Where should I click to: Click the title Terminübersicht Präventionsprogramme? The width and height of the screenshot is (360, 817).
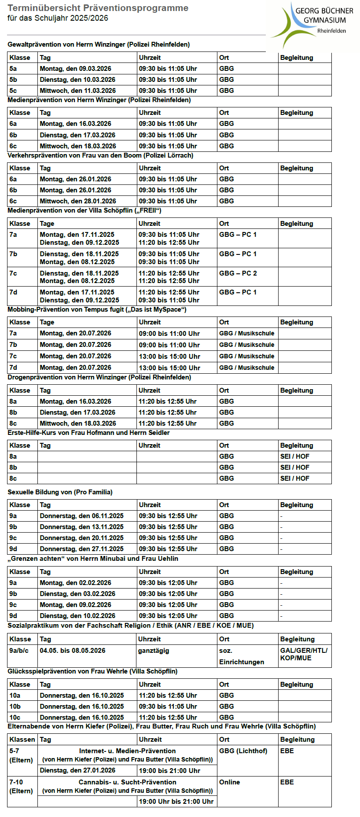(x=98, y=8)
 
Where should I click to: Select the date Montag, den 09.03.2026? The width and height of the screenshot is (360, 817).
(x=75, y=69)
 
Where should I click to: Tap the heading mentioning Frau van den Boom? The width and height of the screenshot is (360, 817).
(x=100, y=155)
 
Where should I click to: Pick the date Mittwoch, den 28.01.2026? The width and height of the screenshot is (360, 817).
(x=78, y=201)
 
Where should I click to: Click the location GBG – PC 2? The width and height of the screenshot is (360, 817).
(x=238, y=273)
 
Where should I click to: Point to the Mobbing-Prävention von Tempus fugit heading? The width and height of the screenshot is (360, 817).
(x=97, y=309)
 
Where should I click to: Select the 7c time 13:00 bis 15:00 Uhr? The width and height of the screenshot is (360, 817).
(x=169, y=356)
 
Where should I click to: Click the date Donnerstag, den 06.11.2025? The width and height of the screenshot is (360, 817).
(x=81, y=516)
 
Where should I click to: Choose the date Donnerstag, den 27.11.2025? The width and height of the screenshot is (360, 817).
(x=81, y=549)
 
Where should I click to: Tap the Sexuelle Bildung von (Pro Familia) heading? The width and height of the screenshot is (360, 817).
(x=60, y=492)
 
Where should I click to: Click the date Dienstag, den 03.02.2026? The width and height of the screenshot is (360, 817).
(x=77, y=594)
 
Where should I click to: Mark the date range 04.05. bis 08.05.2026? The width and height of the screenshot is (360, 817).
(x=73, y=651)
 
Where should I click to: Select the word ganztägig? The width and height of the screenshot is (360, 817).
(x=154, y=651)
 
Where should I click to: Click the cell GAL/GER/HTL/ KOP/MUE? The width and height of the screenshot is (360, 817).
(x=304, y=654)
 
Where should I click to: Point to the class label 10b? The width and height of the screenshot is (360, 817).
(x=15, y=707)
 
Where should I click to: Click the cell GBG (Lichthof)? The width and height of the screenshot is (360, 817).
(x=243, y=751)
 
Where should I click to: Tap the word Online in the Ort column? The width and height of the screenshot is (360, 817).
(x=229, y=782)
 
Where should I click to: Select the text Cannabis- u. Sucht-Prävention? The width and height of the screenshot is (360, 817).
(x=127, y=782)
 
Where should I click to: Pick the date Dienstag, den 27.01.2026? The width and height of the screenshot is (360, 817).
(x=77, y=770)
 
